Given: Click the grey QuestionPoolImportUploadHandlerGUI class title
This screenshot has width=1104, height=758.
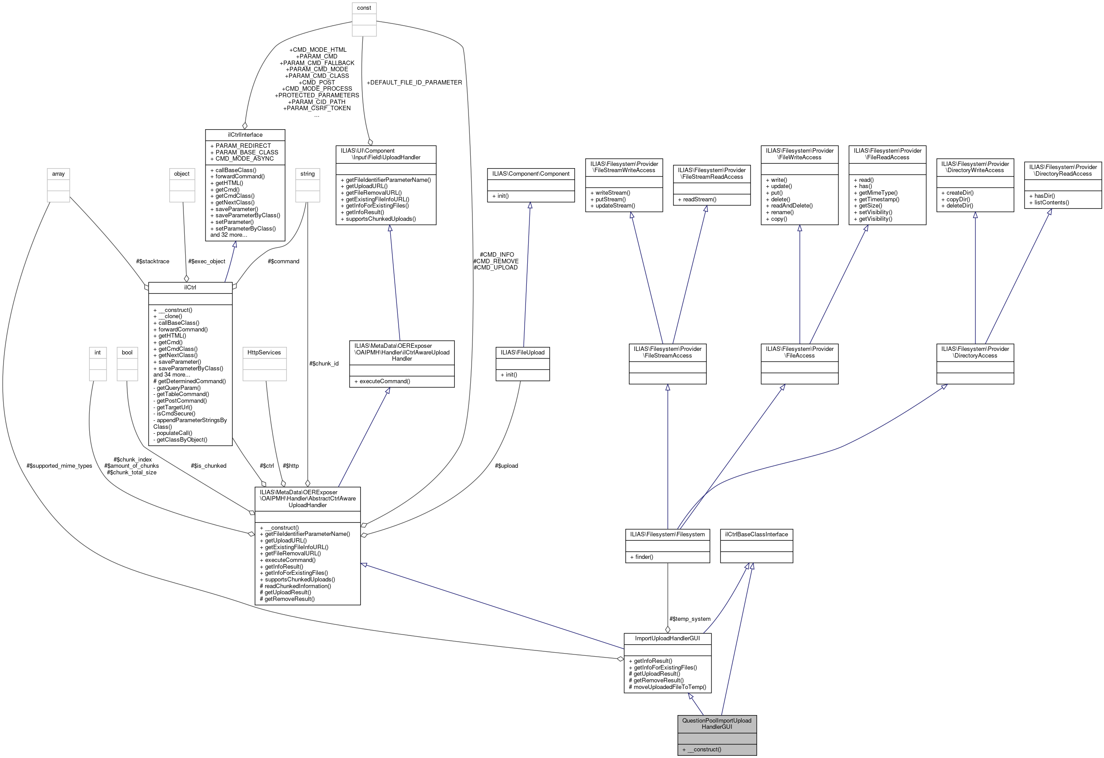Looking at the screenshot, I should coord(716,723).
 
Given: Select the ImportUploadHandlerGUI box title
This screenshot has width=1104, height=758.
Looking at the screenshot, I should coord(667,638).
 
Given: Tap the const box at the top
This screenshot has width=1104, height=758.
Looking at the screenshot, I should coord(364,8).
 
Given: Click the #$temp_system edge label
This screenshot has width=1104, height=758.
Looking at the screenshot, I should coord(690,619).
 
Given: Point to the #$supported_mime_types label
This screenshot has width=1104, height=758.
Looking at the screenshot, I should coord(59,466).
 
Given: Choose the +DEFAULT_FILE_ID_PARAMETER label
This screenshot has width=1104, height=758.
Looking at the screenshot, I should coord(414,82).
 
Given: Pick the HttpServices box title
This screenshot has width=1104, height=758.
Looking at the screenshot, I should coord(264,352).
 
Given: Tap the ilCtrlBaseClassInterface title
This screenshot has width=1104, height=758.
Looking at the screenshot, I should coord(756,535).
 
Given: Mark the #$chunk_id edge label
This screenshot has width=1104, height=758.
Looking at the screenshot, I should coord(324,363).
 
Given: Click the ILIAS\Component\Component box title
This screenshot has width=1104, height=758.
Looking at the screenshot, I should coord(531,173).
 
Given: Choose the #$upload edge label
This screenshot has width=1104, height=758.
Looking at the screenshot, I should coord(506,466).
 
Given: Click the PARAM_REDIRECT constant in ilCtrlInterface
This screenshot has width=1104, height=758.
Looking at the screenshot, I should coord(243,146).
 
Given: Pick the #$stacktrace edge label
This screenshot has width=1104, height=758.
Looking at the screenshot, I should coord(152,261).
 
